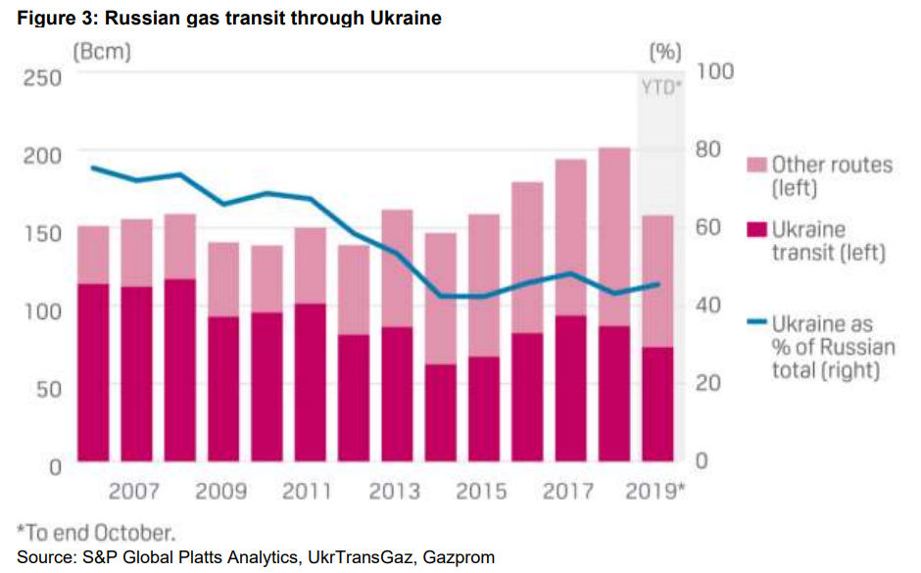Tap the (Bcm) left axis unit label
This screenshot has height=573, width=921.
pos(101,52)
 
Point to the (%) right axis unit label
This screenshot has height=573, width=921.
pos(665,52)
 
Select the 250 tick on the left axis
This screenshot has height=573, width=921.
pos(41,77)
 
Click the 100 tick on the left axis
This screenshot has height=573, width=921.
pos(41,310)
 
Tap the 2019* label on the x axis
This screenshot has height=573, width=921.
pos(656,491)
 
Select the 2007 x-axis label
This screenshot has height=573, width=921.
pos(135,491)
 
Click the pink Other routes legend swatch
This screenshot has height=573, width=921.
pos(754,164)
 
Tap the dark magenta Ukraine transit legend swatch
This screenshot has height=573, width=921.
pos(754,229)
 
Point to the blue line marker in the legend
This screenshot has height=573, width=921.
pos(754,322)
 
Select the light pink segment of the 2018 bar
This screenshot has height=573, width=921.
pos(614,236)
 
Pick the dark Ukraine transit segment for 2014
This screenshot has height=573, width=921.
pos(441,411)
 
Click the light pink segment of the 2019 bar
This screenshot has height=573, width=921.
pos(656,280)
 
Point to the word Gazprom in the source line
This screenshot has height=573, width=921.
pos(459,557)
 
